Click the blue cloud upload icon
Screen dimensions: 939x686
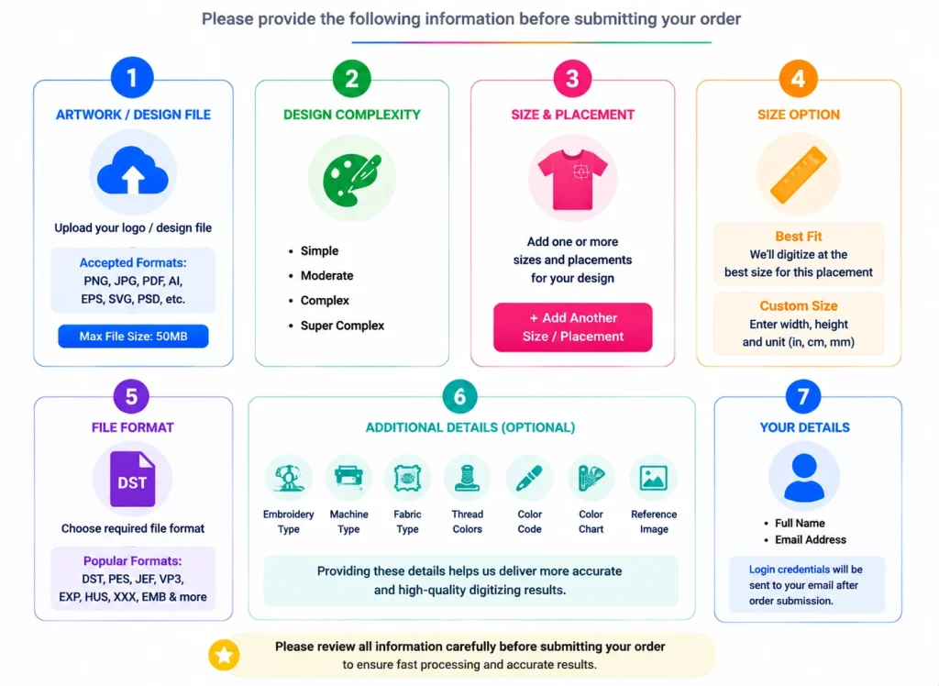(132, 171)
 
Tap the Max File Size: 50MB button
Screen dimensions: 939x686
(133, 336)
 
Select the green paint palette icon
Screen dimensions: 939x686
(352, 179)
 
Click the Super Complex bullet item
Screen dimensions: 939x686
(342, 326)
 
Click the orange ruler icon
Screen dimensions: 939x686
(799, 174)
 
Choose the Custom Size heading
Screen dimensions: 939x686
(799, 305)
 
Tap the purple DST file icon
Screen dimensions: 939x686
(132, 480)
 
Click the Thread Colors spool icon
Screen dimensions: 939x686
(467, 478)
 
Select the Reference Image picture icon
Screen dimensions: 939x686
(653, 478)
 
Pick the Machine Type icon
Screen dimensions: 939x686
(348, 477)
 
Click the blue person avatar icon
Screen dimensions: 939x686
(803, 477)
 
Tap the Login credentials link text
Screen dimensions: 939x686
(790, 570)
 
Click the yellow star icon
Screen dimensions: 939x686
(224, 655)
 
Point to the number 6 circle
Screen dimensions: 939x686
(459, 396)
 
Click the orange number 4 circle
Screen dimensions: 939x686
(798, 78)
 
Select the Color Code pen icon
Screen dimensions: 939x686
(529, 478)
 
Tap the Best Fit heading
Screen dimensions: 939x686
(799, 236)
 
